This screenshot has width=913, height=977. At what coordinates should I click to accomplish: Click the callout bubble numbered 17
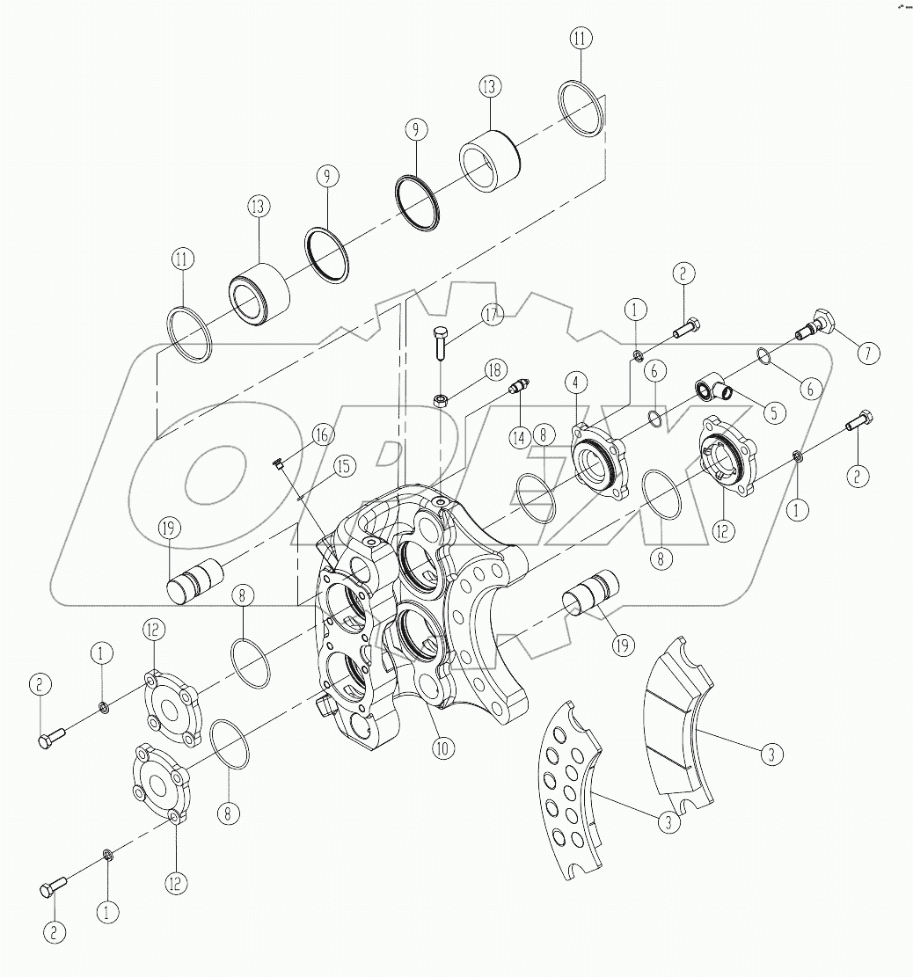(x=490, y=314)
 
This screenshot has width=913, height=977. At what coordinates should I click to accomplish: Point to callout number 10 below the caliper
(x=442, y=747)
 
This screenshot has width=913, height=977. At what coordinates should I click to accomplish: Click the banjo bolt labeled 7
(x=814, y=324)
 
